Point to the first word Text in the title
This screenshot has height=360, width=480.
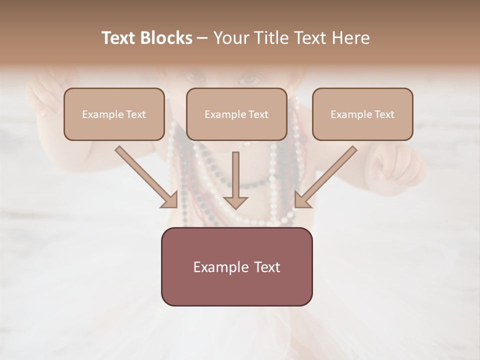point(119,38)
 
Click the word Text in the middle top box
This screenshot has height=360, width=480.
point(258,114)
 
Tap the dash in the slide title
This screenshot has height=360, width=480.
point(202,38)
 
